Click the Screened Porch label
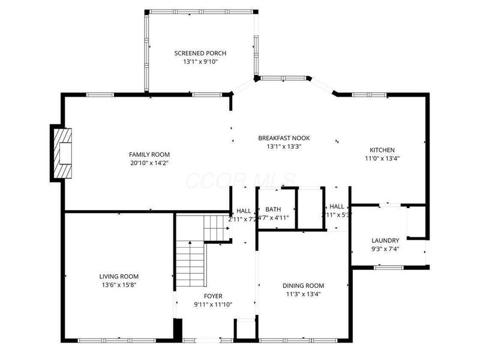click(x=200, y=53)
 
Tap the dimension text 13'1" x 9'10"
click(x=200, y=62)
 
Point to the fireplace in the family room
click(x=62, y=154)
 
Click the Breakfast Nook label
click(x=284, y=137)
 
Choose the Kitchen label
click(x=382, y=150)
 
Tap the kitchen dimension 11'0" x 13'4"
click(x=382, y=159)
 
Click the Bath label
click(x=273, y=209)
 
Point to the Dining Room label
click(x=303, y=286)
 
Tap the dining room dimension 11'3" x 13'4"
click(x=303, y=294)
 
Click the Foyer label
click(x=212, y=296)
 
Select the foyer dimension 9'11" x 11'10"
click(x=212, y=305)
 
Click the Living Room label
click(x=119, y=277)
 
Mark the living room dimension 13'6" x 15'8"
click(x=119, y=285)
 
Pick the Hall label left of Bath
click(x=244, y=211)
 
